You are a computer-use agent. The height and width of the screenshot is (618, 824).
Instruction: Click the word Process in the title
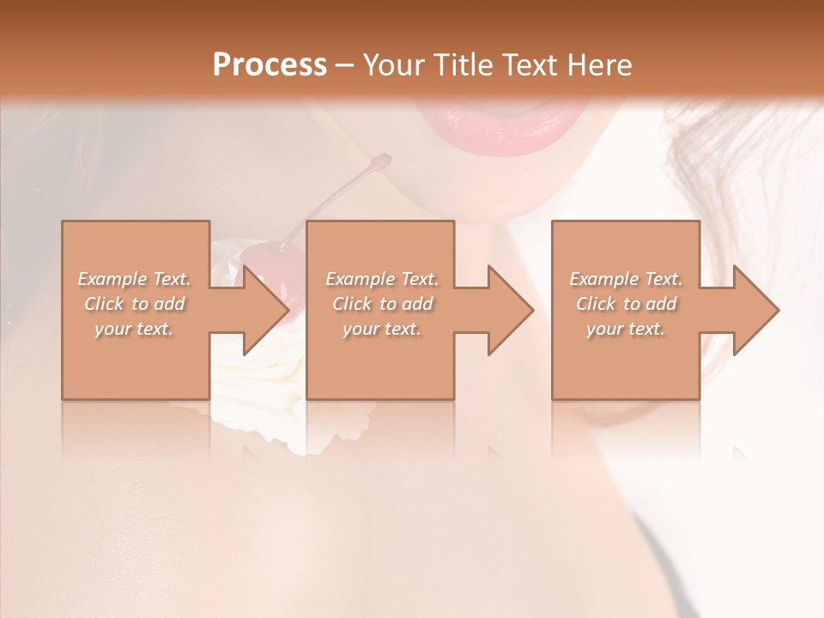(270, 64)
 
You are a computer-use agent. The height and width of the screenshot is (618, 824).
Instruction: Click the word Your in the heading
(393, 64)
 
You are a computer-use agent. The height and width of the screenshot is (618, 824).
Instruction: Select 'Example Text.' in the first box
(135, 279)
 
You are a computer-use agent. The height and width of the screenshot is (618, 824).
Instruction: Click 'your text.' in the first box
(135, 329)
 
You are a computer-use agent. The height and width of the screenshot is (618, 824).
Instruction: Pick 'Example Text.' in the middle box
(382, 279)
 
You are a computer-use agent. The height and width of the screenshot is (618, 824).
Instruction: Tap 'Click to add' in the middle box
(382, 304)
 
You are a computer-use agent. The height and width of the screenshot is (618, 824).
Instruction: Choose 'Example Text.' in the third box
(626, 279)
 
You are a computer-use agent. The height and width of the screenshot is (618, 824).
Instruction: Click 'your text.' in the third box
(626, 329)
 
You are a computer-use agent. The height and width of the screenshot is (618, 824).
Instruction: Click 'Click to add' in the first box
(135, 304)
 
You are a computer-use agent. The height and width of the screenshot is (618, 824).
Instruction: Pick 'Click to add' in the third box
(626, 304)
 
